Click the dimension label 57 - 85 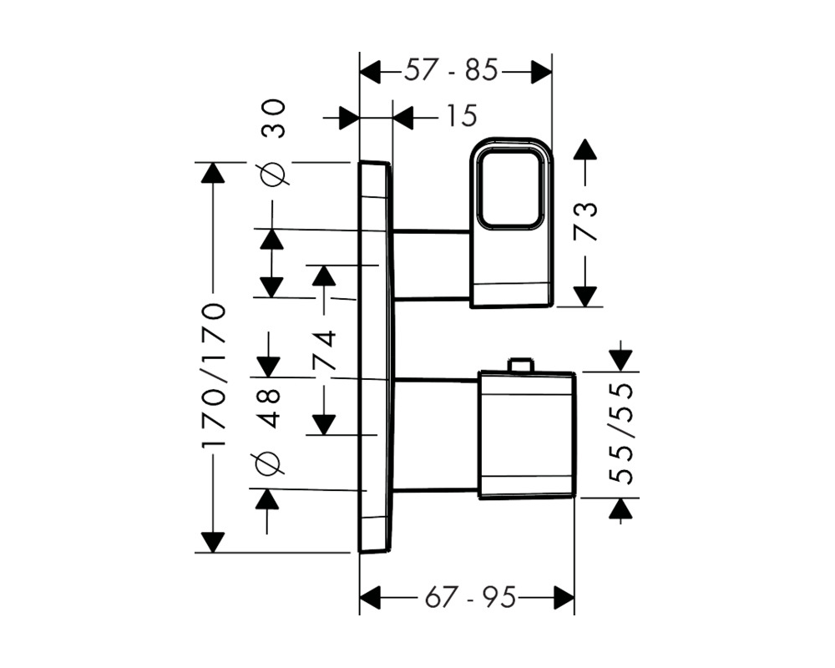click(451, 70)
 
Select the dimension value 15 click(461, 115)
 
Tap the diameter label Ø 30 click(273, 143)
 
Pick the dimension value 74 click(324, 350)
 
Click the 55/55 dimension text click(621, 433)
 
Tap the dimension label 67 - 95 click(470, 597)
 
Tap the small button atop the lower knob click(520, 365)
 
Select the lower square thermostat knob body click(527, 435)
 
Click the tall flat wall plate click(377, 357)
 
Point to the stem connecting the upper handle click(433, 265)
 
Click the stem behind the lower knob click(437, 434)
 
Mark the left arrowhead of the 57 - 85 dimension click(371, 71)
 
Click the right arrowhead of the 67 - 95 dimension click(564, 597)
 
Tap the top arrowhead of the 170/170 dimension click(213, 173)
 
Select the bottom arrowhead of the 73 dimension click(586, 296)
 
